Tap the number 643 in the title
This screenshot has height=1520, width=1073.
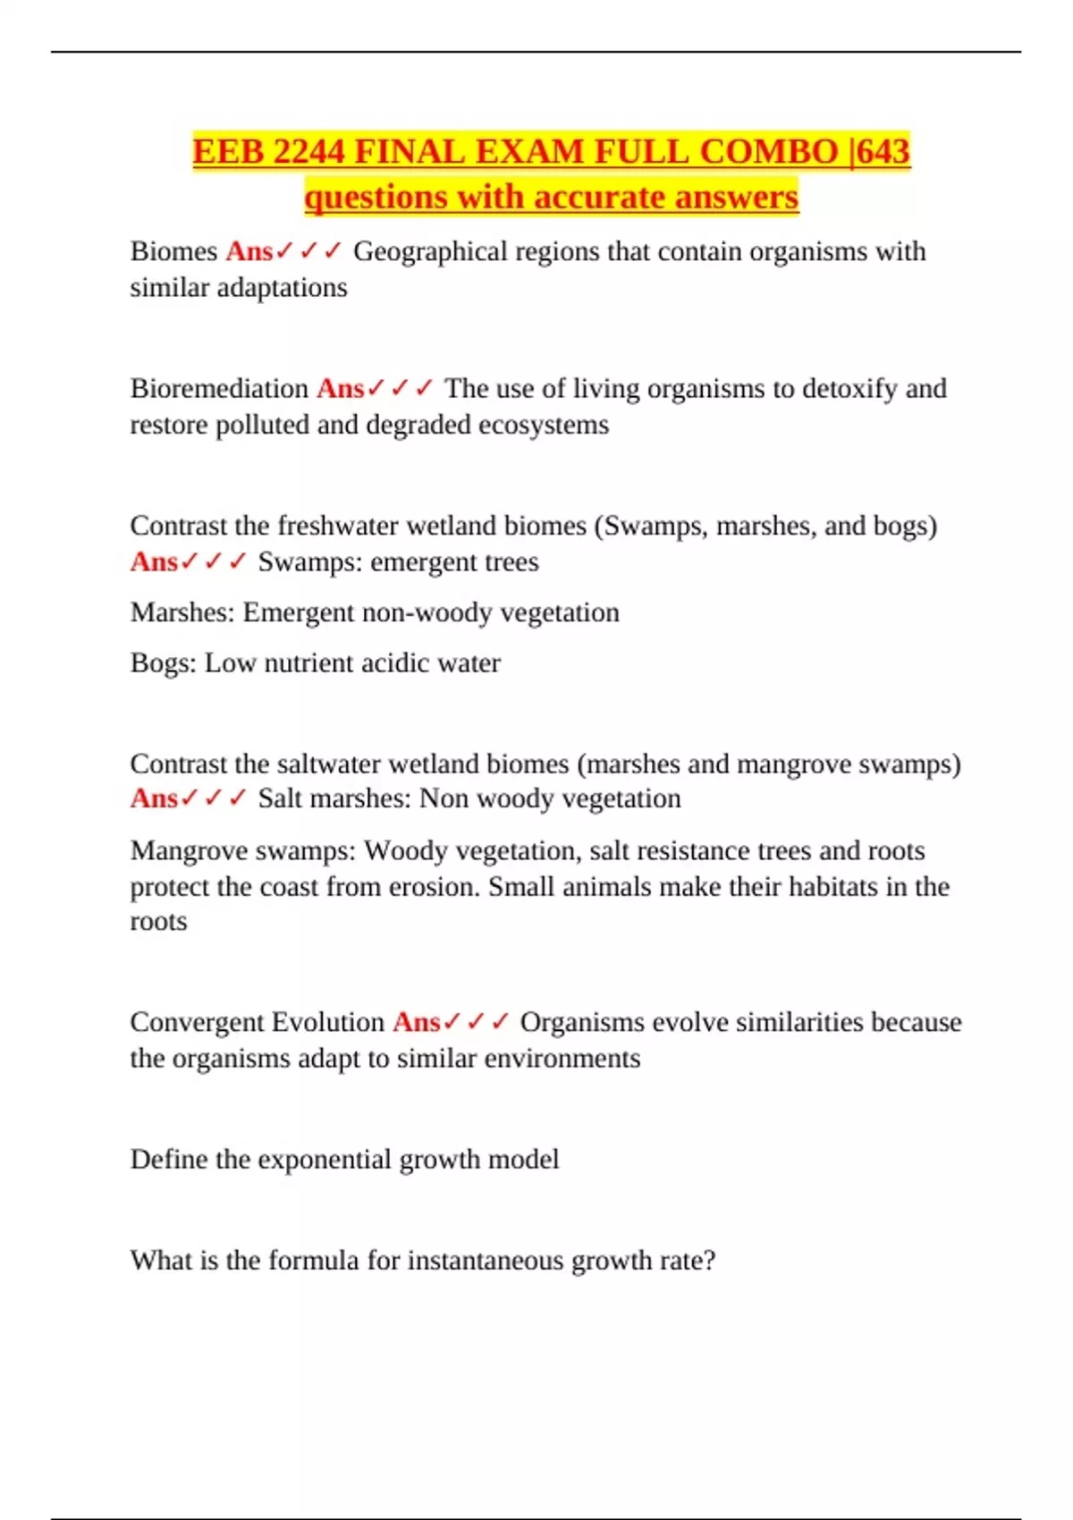pos(883,151)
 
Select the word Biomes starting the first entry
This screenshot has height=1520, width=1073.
pos(173,251)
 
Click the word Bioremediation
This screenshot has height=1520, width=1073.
pos(219,388)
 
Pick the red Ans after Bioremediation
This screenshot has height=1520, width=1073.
pos(340,388)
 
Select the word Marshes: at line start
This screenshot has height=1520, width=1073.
pos(182,612)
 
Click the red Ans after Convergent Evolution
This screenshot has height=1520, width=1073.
pos(416,1021)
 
